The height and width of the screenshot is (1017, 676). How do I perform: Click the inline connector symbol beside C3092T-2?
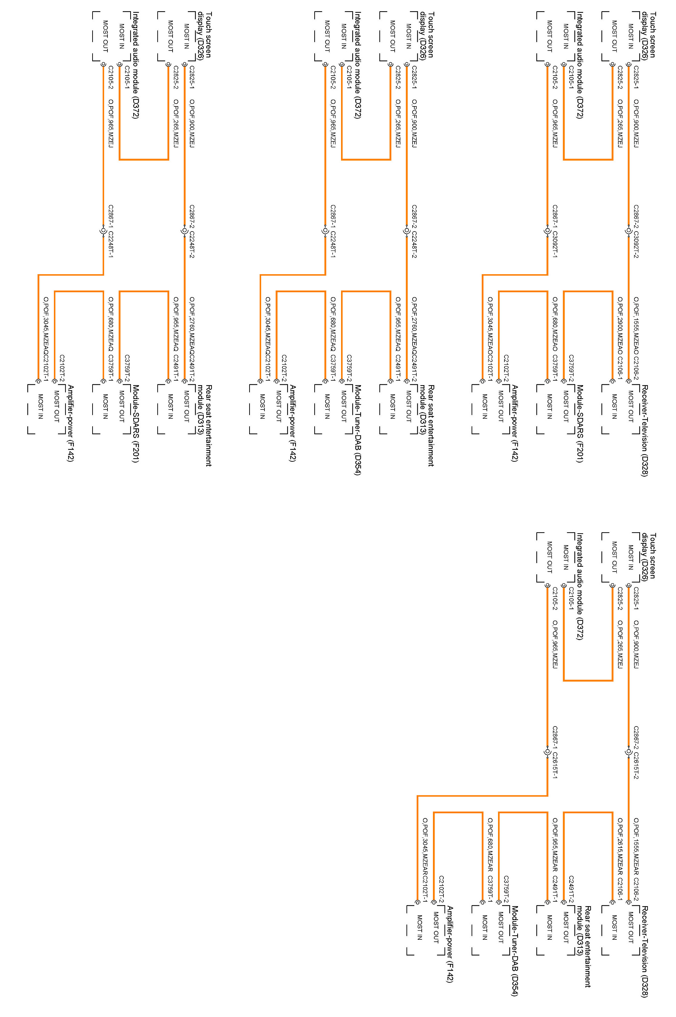629,232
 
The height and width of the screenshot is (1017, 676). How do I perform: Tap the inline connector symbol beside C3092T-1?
548,232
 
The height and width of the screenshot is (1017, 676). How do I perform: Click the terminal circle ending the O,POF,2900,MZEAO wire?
612,381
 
